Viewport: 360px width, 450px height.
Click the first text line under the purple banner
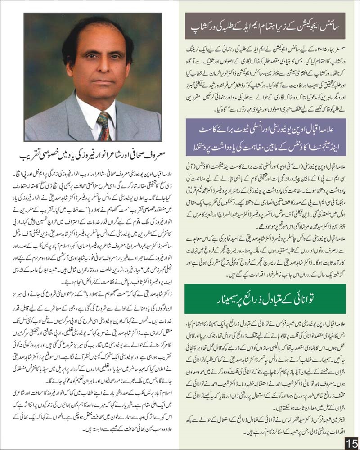click(x=265, y=166)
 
